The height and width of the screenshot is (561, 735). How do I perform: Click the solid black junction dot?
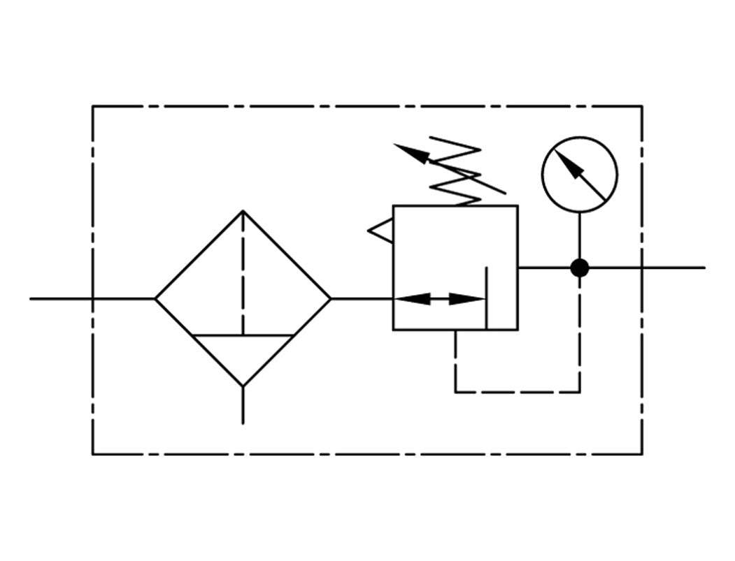[x=579, y=268]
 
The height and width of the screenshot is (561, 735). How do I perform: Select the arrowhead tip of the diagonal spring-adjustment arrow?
[x=397, y=145]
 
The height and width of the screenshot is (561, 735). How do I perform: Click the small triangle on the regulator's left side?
[x=382, y=231]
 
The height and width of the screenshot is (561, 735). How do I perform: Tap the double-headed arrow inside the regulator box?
[x=440, y=299]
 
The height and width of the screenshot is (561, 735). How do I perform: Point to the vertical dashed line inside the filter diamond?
[x=243, y=272]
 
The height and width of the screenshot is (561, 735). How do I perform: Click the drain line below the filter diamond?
[x=243, y=405]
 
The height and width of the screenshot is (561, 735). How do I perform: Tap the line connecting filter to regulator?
[x=362, y=299]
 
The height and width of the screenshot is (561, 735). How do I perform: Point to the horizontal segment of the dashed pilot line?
[x=518, y=392]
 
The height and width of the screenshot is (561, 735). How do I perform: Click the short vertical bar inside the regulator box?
[x=486, y=293]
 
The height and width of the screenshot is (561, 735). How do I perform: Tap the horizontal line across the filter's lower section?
[x=243, y=336]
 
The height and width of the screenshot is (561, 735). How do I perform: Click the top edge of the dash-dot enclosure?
[x=367, y=106]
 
